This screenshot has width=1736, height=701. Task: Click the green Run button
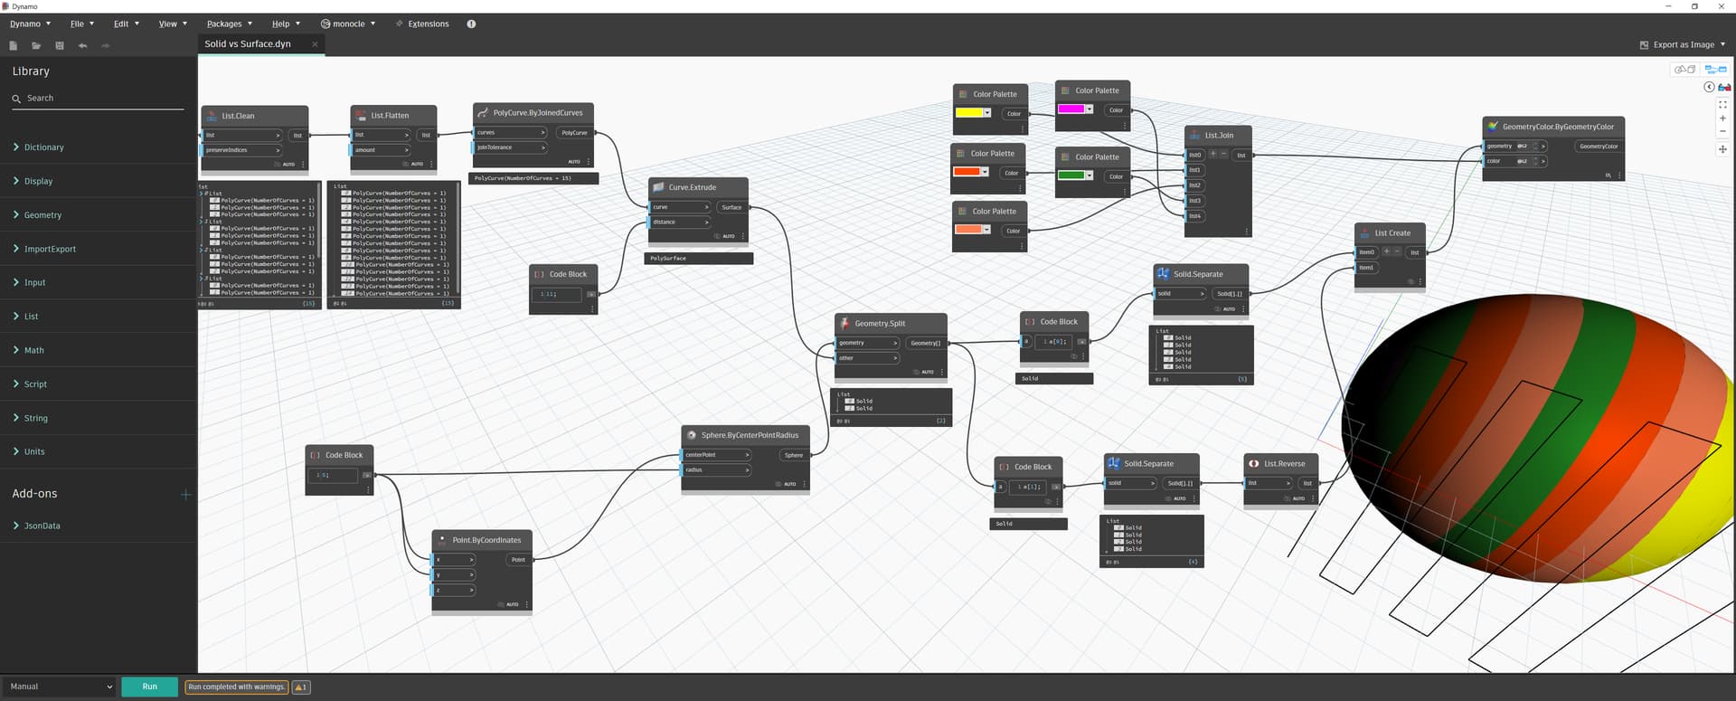149,687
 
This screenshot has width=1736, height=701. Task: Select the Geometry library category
42,215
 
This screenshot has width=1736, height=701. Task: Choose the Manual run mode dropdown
61,687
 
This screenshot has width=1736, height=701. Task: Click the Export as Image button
1683,44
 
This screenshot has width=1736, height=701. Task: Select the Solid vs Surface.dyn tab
248,43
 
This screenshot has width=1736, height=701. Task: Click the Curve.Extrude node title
692,187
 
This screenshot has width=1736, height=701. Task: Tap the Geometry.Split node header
880,323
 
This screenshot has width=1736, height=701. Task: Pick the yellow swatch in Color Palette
968,113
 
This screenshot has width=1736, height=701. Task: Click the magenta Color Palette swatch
1071,109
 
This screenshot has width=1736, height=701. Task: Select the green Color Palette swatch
1071,175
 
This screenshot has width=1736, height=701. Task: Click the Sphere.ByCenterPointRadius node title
750,435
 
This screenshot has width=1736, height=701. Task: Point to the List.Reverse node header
1284,464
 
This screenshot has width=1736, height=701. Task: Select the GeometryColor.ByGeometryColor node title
1557,127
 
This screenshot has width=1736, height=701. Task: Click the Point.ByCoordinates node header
486,540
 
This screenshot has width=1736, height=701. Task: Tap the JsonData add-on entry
42,526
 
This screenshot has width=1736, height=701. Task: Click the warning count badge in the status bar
301,687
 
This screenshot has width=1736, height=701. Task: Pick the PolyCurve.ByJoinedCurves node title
537,113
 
